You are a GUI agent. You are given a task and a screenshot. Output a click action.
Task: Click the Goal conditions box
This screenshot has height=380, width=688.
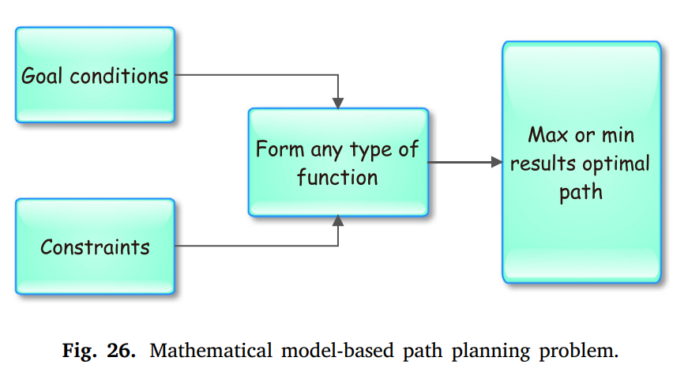[x=95, y=75]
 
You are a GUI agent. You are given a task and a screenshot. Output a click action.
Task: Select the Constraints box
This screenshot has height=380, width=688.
[x=95, y=246]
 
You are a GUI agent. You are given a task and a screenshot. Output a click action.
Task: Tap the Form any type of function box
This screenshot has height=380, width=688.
[x=338, y=163]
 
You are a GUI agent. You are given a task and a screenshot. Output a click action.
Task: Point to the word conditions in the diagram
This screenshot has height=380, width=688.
[x=119, y=76]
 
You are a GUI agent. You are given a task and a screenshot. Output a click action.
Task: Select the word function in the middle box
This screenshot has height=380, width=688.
[x=337, y=177]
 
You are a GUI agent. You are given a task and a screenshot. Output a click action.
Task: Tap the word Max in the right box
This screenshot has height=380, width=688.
[x=548, y=134]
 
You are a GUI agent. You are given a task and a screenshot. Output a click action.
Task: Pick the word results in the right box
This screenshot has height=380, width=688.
[x=543, y=164]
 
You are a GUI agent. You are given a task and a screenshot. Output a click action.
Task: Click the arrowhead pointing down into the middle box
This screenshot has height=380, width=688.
[x=338, y=103]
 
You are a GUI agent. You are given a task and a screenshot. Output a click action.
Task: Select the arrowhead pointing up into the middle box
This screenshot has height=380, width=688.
[x=338, y=222]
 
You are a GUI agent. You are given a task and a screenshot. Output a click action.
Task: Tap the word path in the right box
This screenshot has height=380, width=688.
[x=581, y=192]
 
